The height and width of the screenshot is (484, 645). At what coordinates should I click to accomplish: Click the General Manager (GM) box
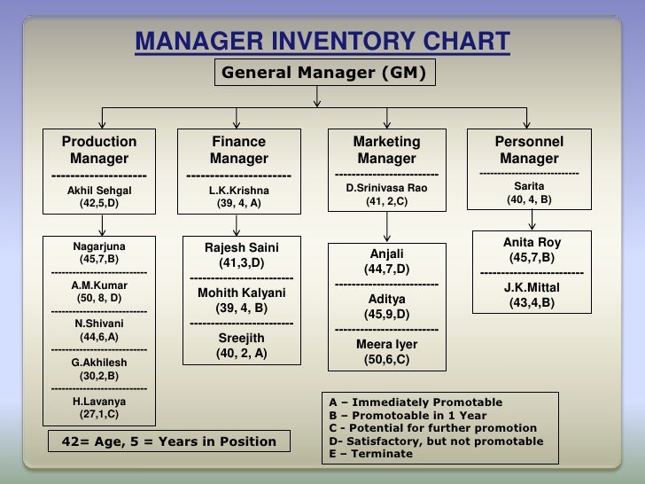click(x=324, y=73)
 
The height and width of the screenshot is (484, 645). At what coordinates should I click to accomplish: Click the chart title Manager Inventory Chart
click(x=322, y=42)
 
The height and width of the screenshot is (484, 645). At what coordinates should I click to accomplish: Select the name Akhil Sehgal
click(x=99, y=190)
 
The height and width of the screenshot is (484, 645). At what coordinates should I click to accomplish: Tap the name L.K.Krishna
click(x=239, y=190)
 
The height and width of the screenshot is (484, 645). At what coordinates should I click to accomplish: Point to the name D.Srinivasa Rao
click(x=386, y=188)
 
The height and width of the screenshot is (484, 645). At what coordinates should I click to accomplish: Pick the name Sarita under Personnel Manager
click(x=529, y=186)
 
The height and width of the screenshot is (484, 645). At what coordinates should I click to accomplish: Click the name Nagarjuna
click(x=99, y=246)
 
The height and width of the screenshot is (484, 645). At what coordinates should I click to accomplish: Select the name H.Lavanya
click(x=99, y=401)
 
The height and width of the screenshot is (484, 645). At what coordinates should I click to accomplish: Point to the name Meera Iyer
click(x=386, y=345)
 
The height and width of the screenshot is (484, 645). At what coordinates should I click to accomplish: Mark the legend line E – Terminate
click(x=370, y=454)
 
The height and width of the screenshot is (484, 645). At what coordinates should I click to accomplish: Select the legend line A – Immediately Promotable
click(x=415, y=402)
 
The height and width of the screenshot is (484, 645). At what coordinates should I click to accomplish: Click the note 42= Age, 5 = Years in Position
click(x=167, y=441)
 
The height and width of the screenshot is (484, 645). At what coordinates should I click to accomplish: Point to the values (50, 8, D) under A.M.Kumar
click(x=99, y=299)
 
